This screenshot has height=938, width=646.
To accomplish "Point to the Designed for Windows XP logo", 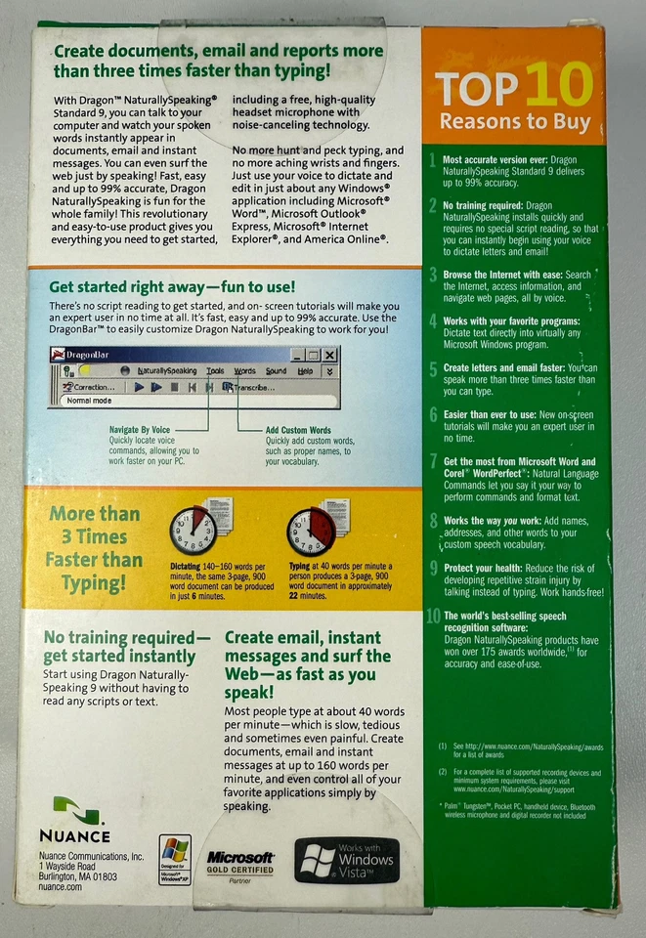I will pyautogui.click(x=175, y=859).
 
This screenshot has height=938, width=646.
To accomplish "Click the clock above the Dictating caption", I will pyautogui.click(x=192, y=532).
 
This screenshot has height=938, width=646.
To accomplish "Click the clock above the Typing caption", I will pyautogui.click(x=311, y=532).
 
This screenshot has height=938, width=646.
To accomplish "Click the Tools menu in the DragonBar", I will pyautogui.click(x=215, y=371).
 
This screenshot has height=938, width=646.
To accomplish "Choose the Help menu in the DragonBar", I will pyautogui.click(x=305, y=371).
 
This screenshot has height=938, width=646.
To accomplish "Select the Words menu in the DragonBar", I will pyautogui.click(x=244, y=371).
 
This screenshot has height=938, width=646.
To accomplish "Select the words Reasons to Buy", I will pyautogui.click(x=515, y=123).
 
